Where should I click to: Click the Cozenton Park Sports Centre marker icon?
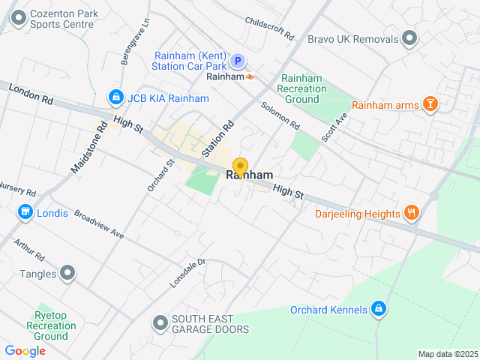click(17, 16)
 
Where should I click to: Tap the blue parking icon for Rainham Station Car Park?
click(237, 61)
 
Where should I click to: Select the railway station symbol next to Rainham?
click(249, 76)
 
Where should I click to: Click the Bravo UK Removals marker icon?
click(409, 37)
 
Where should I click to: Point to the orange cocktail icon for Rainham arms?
click(430, 105)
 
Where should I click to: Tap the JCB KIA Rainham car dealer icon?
click(115, 97)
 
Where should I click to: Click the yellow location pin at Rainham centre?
click(240, 167)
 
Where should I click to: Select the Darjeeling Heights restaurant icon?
click(411, 214)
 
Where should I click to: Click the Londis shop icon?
click(25, 213)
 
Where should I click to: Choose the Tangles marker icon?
click(68, 274)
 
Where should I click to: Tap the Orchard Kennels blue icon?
click(379, 309)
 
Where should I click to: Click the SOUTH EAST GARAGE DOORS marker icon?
click(160, 324)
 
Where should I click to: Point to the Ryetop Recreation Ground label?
click(51, 325)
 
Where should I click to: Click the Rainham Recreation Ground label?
click(302, 88)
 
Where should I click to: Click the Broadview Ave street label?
click(98, 223)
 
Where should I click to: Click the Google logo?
click(25, 350)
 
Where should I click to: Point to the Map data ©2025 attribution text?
click(447, 354)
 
